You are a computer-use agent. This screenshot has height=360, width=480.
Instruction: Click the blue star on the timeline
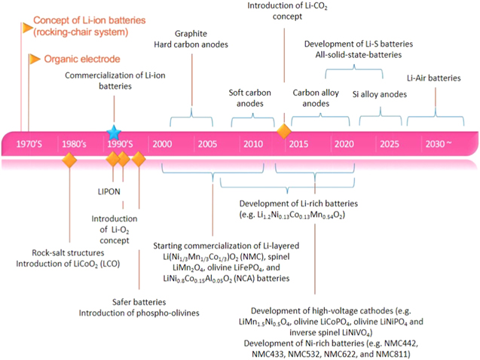click(x=113, y=131)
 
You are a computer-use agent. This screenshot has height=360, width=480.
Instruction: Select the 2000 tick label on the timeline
click(x=161, y=144)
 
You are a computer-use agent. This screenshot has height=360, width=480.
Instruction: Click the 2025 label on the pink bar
click(x=390, y=144)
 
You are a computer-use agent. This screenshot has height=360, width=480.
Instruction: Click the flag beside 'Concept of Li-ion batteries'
click(x=28, y=28)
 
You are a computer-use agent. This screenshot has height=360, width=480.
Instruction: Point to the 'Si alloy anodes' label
click(x=379, y=94)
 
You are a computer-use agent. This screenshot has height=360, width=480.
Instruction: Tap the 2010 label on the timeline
click(x=252, y=144)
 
